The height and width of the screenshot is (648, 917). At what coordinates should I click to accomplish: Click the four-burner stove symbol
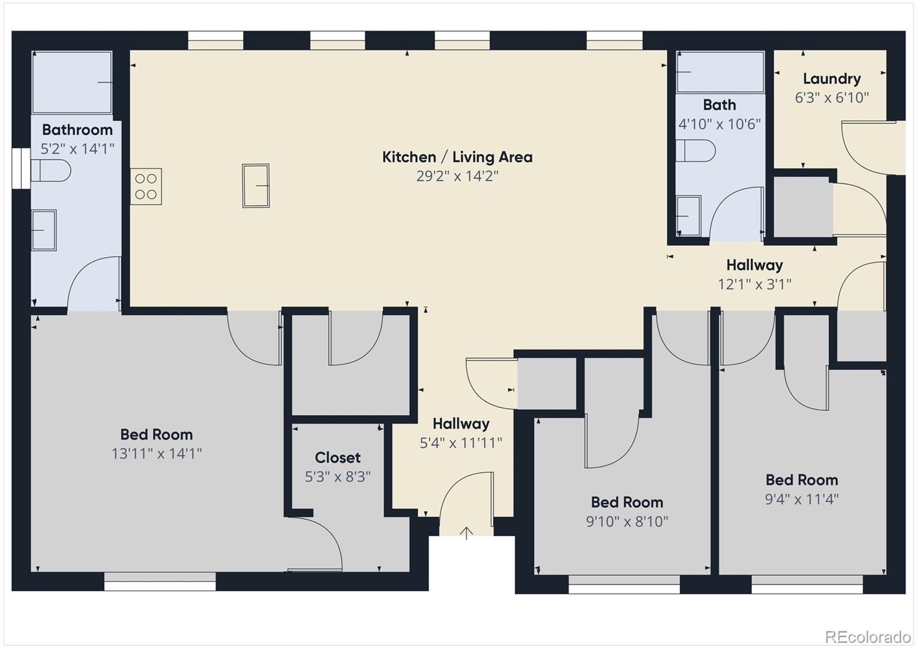tap(146, 186)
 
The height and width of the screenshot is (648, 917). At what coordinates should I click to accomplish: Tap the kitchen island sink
tap(256, 186)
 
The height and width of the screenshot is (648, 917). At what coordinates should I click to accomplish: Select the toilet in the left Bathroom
tap(50, 170)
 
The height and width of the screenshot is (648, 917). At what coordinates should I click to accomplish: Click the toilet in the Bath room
tap(696, 151)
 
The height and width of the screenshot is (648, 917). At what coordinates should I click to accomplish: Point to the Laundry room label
tap(832, 79)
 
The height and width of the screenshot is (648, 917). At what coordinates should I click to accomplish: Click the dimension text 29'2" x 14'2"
tap(457, 176)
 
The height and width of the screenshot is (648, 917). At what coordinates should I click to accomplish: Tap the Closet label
tap(338, 457)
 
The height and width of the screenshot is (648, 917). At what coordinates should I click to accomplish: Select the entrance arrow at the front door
tap(467, 533)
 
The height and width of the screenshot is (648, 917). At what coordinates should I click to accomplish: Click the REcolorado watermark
tap(867, 637)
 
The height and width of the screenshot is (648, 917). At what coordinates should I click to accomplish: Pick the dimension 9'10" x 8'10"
tap(627, 521)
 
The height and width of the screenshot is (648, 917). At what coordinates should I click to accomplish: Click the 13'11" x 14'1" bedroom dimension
tap(156, 454)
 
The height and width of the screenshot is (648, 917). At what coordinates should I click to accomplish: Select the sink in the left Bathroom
tap(44, 230)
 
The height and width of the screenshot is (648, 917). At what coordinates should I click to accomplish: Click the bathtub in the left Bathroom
tap(72, 83)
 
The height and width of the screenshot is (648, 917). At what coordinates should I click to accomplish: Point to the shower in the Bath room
tap(720, 72)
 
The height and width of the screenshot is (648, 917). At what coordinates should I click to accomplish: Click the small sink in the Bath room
tap(689, 216)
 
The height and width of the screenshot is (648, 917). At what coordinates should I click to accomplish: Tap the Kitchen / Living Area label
tap(457, 157)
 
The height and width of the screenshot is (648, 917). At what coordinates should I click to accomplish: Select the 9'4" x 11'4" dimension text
tap(801, 499)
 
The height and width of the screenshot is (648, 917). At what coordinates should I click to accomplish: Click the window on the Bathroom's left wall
tap(21, 168)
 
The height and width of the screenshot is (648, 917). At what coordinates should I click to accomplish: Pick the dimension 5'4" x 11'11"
tap(461, 443)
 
